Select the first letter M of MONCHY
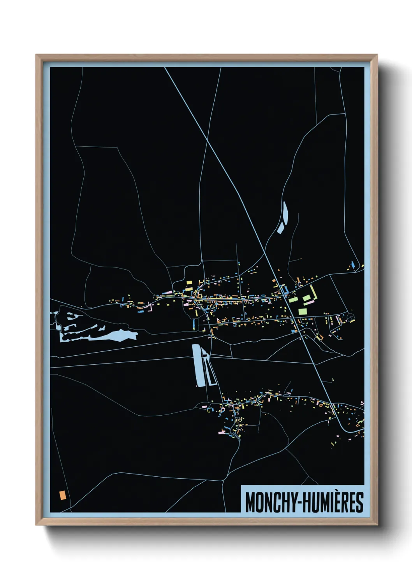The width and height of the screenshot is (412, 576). [x=250, y=502]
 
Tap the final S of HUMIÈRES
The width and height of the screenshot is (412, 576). [x=360, y=502]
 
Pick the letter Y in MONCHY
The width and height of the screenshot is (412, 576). [x=294, y=502]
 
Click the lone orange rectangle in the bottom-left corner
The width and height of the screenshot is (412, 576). [x=62, y=495]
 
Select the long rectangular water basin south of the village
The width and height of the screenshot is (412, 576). [x=198, y=365]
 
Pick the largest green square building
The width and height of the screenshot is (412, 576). [x=302, y=311]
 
